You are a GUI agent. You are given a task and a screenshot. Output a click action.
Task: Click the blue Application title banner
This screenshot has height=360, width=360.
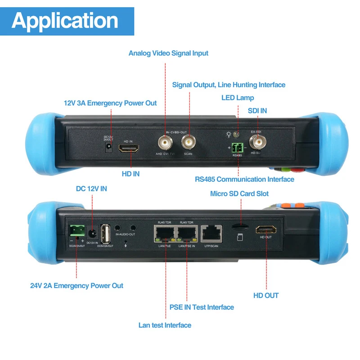[x=67, y=21]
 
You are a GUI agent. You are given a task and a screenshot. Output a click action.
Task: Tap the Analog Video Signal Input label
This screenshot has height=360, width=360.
[x=168, y=53]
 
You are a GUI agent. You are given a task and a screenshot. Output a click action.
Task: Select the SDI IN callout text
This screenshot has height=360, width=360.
[x=257, y=111]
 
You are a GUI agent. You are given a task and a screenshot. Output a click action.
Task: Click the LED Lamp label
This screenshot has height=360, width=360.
[x=238, y=98]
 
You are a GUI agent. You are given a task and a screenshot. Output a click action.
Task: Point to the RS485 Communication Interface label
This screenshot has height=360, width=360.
[x=244, y=179]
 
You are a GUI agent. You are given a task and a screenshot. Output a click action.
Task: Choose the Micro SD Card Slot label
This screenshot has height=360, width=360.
[x=239, y=193]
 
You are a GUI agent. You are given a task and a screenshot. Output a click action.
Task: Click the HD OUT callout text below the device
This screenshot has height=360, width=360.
[x=266, y=296]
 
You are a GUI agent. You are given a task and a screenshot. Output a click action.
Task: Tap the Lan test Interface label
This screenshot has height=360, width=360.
[x=165, y=325]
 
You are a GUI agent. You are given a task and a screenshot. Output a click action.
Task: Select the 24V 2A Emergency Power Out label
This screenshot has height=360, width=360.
[x=76, y=285]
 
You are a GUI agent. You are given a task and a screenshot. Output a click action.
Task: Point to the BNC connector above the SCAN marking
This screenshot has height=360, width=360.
[x=189, y=143]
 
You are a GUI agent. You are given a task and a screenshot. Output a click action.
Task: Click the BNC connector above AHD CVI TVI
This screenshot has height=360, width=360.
[x=165, y=143]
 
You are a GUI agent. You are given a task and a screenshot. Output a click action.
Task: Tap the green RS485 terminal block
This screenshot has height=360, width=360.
[x=237, y=148]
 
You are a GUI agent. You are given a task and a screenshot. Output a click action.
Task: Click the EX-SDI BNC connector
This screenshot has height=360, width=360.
[x=258, y=143]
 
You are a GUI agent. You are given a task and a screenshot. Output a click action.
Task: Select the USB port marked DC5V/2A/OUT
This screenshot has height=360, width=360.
[x=106, y=234]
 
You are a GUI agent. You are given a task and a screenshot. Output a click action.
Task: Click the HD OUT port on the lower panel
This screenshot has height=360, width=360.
[x=265, y=230]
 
